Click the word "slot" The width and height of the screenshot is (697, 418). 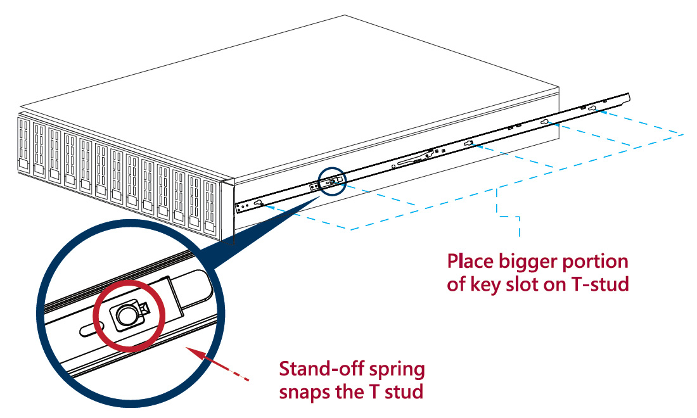pyautogui.click(x=521, y=285)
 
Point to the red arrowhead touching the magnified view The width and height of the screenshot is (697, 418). pyautogui.click(x=189, y=348)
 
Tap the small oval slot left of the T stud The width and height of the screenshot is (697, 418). pyautogui.click(x=89, y=331)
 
